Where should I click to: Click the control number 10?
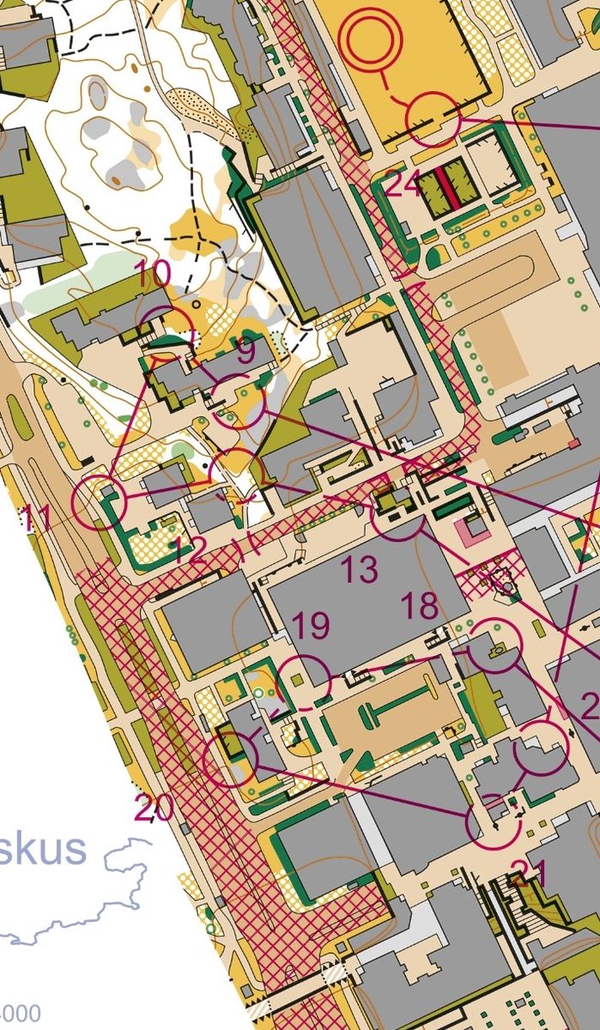[153, 276]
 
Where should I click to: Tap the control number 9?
[245, 350]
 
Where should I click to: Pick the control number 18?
[420, 606]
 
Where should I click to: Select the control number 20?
[154, 808]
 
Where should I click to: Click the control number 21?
[528, 874]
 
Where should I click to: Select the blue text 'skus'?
[43, 849]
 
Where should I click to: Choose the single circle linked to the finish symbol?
[433, 119]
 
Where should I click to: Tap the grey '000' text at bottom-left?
[21, 1014]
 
